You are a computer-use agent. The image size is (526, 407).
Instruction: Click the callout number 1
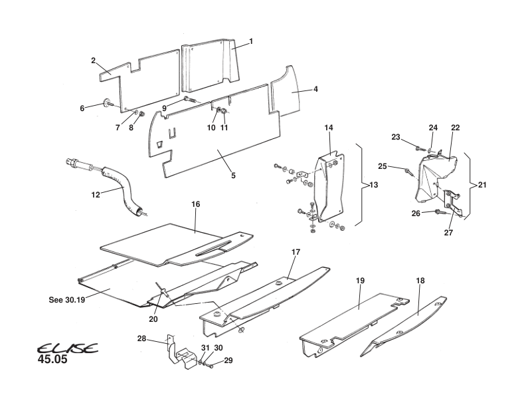(251, 41)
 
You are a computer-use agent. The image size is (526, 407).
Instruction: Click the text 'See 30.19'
(65, 299)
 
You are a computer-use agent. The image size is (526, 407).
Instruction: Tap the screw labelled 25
(406, 172)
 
